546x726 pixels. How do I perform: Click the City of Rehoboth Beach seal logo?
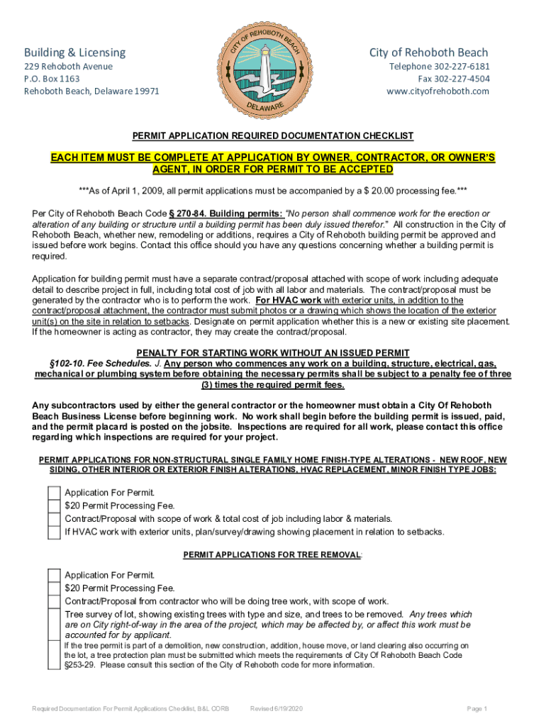click(273, 69)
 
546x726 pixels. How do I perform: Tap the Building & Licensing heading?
click(74, 52)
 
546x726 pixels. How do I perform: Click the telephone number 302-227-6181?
click(459, 67)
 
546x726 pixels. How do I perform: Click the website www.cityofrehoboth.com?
click(438, 91)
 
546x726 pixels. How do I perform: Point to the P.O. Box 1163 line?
click(52, 79)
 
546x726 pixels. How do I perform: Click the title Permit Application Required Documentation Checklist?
click(273, 136)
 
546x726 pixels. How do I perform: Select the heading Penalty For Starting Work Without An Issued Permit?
click(273, 353)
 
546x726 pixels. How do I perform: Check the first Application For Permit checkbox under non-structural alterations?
click(54, 493)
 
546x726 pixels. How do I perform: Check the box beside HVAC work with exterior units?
click(54, 531)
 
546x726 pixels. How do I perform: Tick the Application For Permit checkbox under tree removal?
click(54, 575)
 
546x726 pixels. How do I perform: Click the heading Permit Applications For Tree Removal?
click(272, 554)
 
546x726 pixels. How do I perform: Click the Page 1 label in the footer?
click(477, 709)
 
